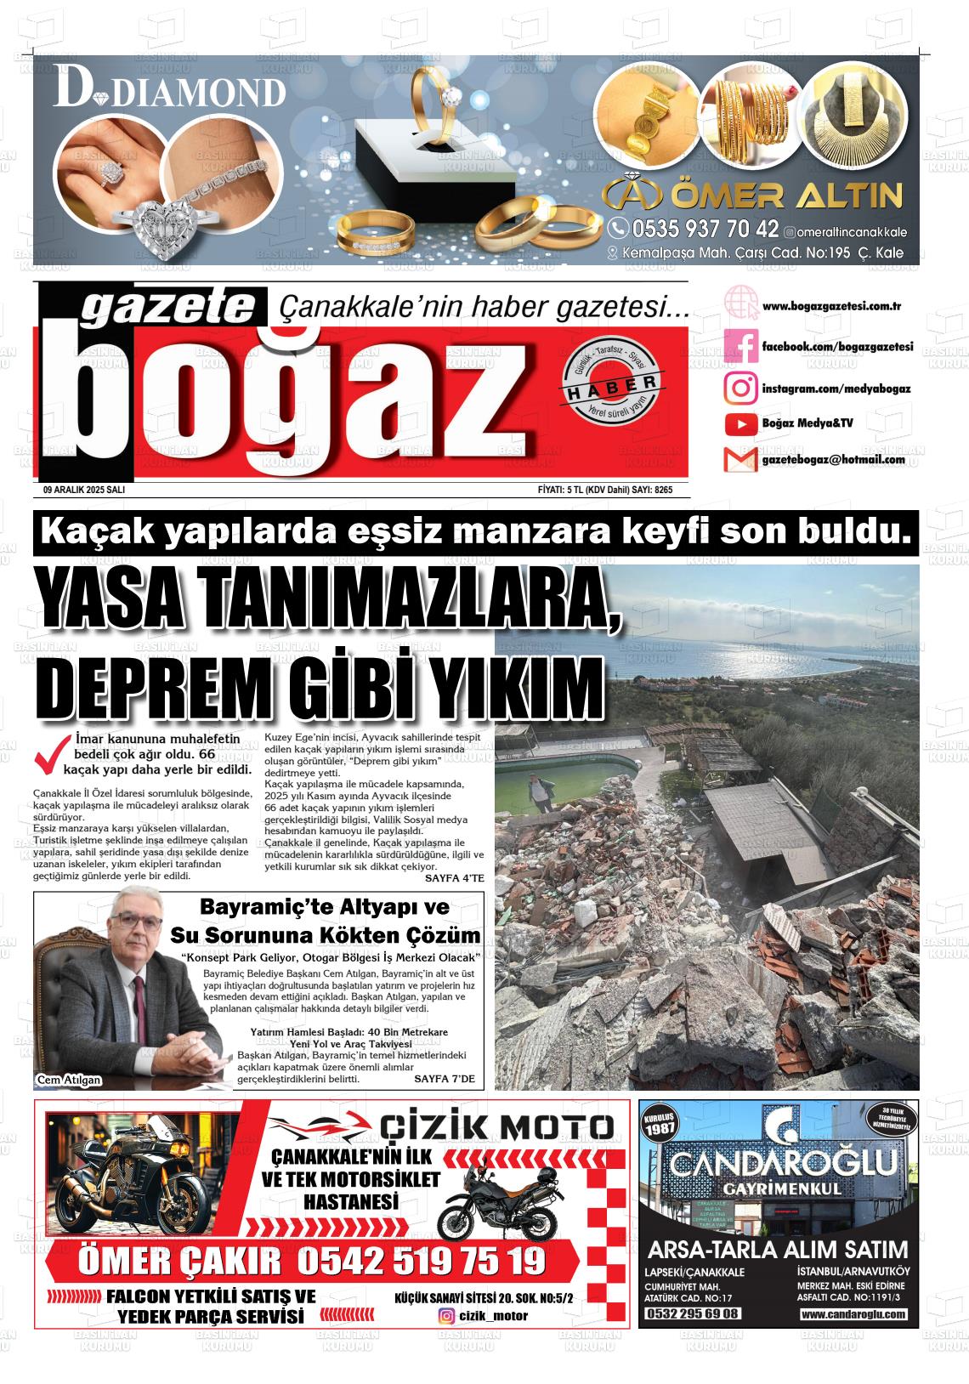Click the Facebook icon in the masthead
point(740,346)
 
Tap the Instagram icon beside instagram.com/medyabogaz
point(740,388)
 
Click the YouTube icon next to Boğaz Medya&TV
point(741,423)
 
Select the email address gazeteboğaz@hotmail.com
point(833,460)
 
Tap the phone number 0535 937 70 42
point(705,229)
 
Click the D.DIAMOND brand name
point(170,92)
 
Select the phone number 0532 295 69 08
point(693,1314)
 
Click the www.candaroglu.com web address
point(853,1314)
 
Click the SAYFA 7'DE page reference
point(444,1080)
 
